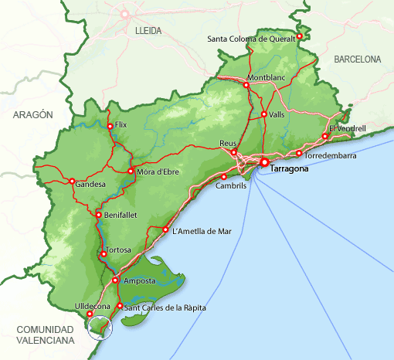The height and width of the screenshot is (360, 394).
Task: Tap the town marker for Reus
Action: (x=234, y=152)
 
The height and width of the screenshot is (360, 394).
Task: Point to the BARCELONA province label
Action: (x=358, y=59)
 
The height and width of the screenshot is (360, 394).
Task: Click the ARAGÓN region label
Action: (x=33, y=114)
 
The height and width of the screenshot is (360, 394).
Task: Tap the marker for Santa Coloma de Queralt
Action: (x=300, y=35)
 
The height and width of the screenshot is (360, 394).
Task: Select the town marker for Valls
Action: (x=263, y=114)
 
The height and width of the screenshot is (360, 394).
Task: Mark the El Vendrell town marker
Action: (x=325, y=136)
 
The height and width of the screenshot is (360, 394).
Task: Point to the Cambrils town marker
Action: (x=223, y=177)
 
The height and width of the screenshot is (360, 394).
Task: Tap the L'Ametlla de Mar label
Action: (x=202, y=230)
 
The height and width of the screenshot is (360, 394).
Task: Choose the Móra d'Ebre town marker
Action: (x=131, y=171)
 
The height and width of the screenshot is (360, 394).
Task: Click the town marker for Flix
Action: (x=110, y=126)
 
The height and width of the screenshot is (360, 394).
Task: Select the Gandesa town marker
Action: (x=72, y=182)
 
